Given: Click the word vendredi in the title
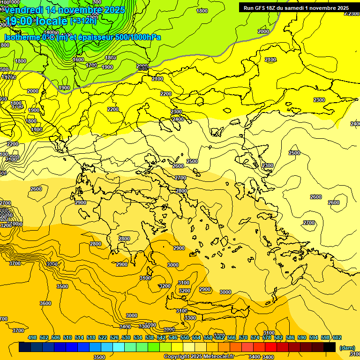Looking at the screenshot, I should point(23,10).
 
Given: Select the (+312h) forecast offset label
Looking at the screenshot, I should point(83,21).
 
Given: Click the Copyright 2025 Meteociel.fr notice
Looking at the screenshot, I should point(199,356).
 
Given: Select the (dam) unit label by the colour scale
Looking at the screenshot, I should point(347,348).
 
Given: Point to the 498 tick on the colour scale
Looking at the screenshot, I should point(32,338).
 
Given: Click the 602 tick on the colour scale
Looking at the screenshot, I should point(337,338).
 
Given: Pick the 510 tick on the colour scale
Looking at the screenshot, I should point(67,338).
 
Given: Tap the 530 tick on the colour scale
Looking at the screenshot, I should point(126,338).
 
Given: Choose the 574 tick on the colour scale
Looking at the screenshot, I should point(255,338).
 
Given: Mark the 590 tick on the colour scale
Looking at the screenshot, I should point(302,338).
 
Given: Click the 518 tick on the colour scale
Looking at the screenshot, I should point(91,338).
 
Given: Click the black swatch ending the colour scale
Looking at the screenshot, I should point(330,347).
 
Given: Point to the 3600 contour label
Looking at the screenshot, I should point(45,303).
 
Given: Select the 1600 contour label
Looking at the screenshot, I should point(78,60).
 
